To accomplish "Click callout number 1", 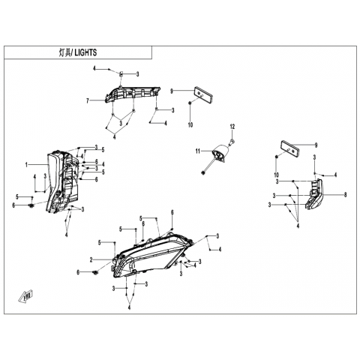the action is pyautogui.click(x=26, y=165).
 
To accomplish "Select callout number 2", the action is pyautogui.click(x=91, y=260).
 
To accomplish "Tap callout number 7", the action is pyautogui.click(x=88, y=101).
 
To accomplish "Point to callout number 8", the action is pyautogui.click(x=346, y=195).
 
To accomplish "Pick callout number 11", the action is pyautogui.click(x=198, y=151).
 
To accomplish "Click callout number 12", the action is pyautogui.click(x=232, y=127).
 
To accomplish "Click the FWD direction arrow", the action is pyautogui.click(x=25, y=297).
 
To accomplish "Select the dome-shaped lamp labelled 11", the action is pyautogui.click(x=220, y=153).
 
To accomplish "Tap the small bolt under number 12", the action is pyautogui.click(x=232, y=142).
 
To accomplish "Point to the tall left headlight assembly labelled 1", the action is pyautogui.click(x=63, y=182).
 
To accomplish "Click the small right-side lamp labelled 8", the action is pyautogui.click(x=314, y=194).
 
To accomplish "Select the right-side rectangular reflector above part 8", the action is pyautogui.click(x=290, y=148).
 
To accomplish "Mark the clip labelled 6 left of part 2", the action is pyautogui.click(x=95, y=272).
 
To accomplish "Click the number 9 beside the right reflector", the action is pyautogui.click(x=316, y=145).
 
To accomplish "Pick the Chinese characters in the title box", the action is pyautogui.click(x=65, y=52).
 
